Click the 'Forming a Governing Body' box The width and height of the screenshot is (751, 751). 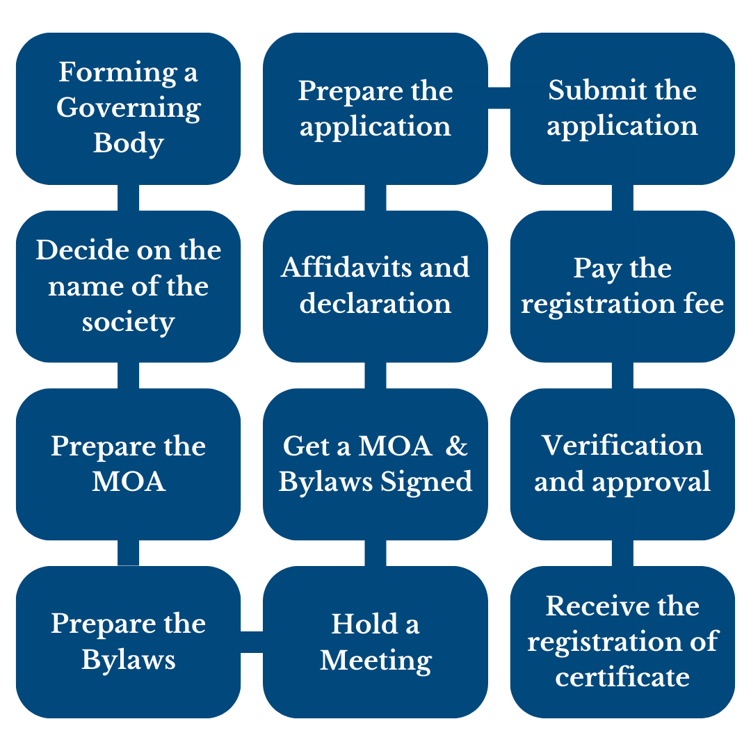pos(129,108)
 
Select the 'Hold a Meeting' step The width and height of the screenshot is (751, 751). pos(375,642)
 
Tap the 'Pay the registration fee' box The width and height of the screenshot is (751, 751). pos(622,286)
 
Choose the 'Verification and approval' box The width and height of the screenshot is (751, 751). pos(622,464)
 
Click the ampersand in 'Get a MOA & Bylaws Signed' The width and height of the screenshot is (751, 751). pos(456,446)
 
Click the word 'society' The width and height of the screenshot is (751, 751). pos(129,323)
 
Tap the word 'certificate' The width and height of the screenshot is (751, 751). pos(622,677)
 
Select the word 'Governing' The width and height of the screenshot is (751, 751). pos(129,108)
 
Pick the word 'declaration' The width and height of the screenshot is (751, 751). pos(375,303)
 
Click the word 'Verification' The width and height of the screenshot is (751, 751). pos(622,446)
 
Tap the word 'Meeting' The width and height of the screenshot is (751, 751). pos(375,661)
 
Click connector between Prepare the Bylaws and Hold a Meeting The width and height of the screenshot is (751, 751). pos(252,642)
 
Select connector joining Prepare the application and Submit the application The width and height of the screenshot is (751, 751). pos(499,98)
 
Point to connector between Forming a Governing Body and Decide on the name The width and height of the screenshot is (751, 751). pos(129,197)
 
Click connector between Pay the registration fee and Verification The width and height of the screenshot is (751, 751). pos(622,375)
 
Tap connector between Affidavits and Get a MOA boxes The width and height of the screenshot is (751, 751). pos(375,375)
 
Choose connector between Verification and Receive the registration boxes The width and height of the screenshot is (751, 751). pos(622,554)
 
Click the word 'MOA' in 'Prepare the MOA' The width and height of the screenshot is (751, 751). pos(129,481)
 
